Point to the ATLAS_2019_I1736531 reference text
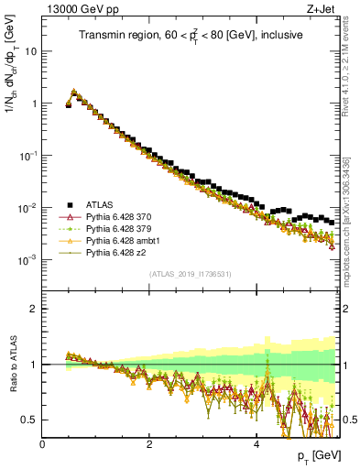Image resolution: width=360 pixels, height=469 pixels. pos(191,274)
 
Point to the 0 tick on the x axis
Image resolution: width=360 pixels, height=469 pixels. pos(42,444)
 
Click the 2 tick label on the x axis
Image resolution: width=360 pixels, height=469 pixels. pos(149,444)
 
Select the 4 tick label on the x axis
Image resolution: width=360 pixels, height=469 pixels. pos(256,444)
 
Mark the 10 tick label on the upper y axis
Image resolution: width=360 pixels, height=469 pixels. pos(30,51)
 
